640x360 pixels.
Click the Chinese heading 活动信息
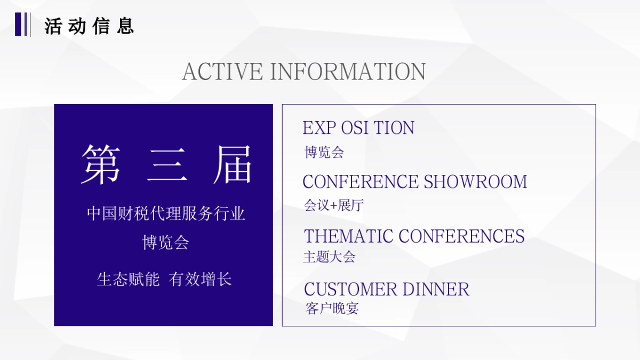pos(89,26)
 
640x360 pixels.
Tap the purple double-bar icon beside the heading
pos(21,24)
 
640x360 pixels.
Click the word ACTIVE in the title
pos(222,72)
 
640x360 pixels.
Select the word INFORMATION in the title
pos(348,72)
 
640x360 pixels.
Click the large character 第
pos(101,164)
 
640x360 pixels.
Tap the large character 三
pos(166,164)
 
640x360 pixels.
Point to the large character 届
pos(232,164)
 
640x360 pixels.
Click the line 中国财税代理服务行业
pos(166,214)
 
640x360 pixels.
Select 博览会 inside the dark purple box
pos(165,243)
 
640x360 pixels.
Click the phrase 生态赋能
pos(128,279)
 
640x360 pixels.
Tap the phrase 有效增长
pos(201,279)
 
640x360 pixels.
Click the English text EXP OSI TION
pos(358,128)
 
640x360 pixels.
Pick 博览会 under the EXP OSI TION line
pos(324,153)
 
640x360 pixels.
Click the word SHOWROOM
pos(475,182)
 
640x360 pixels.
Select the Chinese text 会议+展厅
pos(334,206)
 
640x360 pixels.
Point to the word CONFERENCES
pos(461,236)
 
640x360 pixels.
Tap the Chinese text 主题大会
pos(329,257)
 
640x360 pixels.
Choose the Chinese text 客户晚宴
pos(332,308)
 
